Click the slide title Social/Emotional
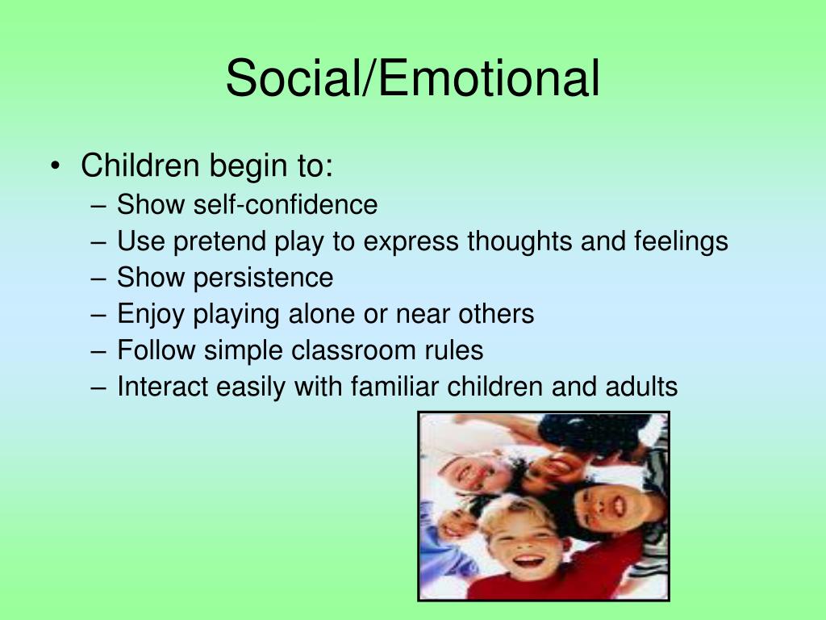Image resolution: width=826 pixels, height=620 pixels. (x=412, y=79)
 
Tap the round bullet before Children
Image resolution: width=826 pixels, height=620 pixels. (x=56, y=166)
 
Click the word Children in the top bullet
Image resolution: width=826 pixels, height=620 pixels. (x=140, y=165)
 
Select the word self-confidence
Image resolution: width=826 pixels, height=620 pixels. (x=286, y=204)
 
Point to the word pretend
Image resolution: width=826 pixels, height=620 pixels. (x=219, y=242)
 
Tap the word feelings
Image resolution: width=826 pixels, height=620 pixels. (x=681, y=241)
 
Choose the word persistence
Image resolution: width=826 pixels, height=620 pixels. (x=264, y=278)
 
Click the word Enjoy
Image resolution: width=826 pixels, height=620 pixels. (x=151, y=315)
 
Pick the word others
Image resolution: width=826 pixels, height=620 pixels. (x=496, y=314)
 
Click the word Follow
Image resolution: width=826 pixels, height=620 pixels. (x=156, y=350)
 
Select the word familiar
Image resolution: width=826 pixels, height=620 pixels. (x=394, y=387)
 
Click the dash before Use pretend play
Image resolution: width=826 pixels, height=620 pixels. (x=98, y=242)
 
